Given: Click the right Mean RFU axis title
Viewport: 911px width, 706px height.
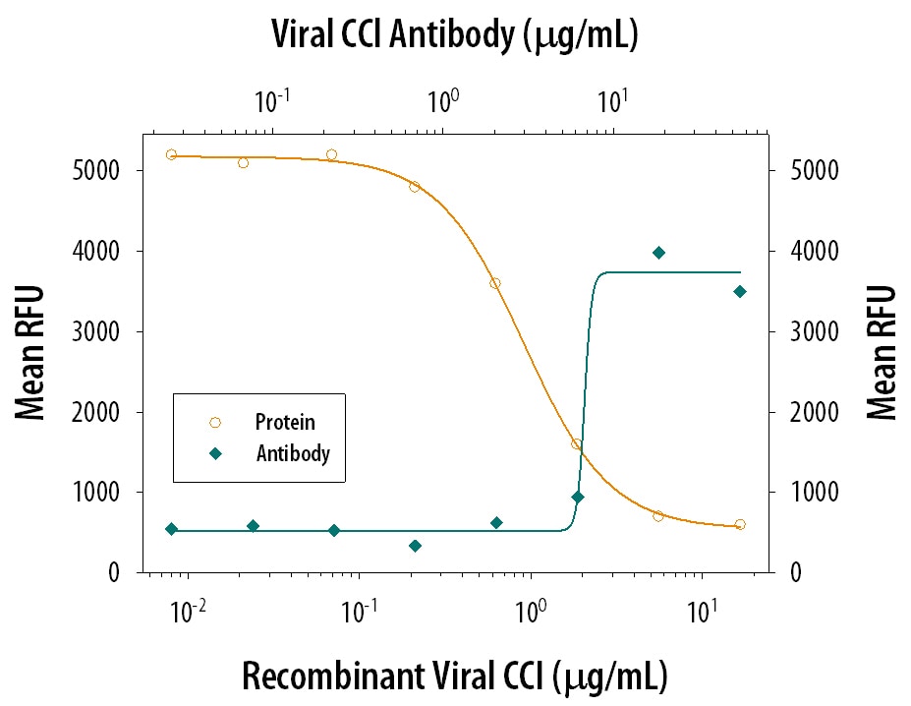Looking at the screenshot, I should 882,352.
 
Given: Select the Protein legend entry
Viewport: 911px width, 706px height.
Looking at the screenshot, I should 285,422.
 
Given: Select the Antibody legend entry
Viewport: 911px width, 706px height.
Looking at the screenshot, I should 292,453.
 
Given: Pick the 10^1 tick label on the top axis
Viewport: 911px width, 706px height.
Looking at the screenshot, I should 613,98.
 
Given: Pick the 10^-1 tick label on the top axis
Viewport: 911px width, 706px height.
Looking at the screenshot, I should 272,98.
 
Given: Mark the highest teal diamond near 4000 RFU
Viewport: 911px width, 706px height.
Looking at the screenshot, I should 659,253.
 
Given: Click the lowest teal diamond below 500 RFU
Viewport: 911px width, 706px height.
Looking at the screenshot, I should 415,546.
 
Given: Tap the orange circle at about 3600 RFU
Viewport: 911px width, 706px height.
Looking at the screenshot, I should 495,283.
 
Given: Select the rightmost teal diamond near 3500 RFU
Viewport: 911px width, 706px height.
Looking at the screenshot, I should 740,291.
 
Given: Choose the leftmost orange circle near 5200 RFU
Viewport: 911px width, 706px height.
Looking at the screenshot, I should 171,154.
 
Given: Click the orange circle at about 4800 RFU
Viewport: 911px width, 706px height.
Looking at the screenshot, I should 415,187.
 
